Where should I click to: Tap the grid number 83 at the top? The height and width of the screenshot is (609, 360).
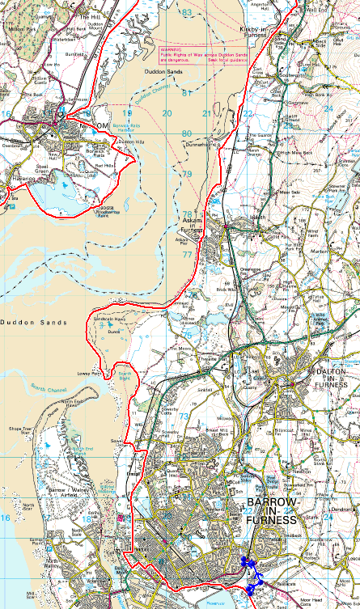click(x=188, y=13)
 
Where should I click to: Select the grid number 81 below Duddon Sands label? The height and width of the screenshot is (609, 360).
click(x=188, y=93)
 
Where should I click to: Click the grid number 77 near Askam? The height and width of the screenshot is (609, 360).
click(x=187, y=254)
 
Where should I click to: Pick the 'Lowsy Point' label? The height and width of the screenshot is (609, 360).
click(x=90, y=374)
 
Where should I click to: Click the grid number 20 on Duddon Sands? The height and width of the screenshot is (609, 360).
click(x=166, y=113)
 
